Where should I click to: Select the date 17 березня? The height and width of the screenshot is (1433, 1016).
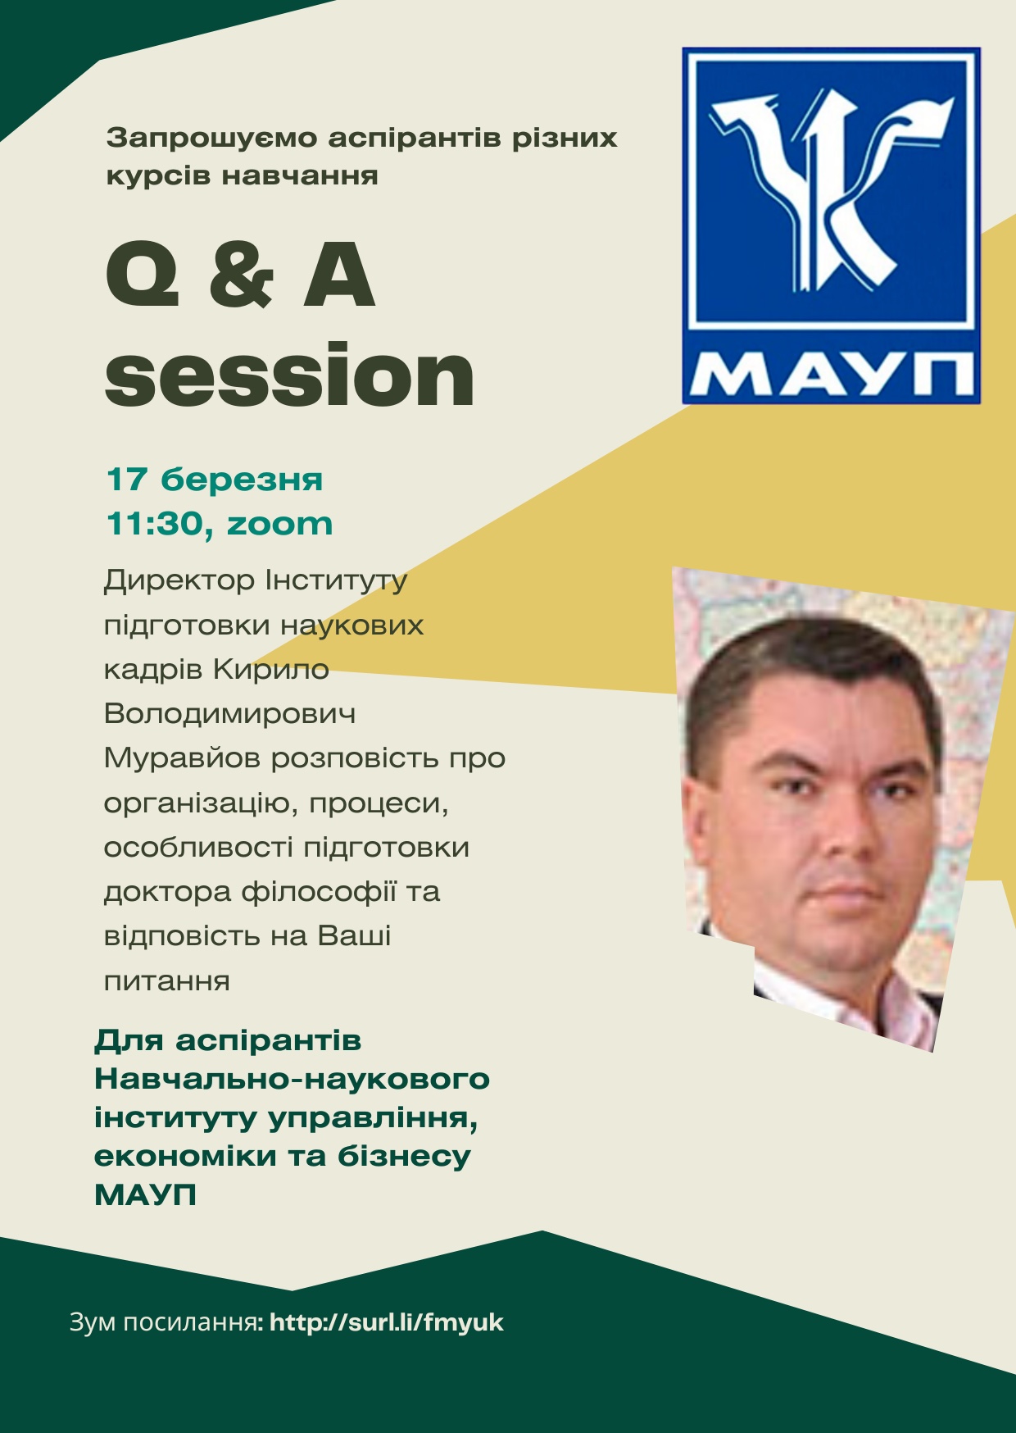[215, 480]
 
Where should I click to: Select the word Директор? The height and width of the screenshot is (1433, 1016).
[179, 581]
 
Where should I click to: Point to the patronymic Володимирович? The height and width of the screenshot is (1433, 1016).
[230, 714]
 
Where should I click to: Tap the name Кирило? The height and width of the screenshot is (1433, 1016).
[271, 670]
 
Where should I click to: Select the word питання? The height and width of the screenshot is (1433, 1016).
[167, 980]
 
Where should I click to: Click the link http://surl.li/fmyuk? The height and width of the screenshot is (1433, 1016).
[387, 1322]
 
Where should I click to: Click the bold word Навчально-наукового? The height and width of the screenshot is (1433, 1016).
[293, 1079]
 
